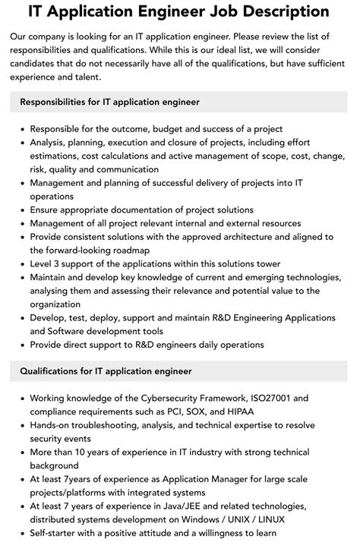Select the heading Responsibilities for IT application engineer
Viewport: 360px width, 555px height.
(x=109, y=102)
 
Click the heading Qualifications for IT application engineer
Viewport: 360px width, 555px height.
(x=106, y=371)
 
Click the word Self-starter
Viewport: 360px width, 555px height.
(x=58, y=533)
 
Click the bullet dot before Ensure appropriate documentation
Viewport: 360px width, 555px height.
(x=21, y=210)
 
